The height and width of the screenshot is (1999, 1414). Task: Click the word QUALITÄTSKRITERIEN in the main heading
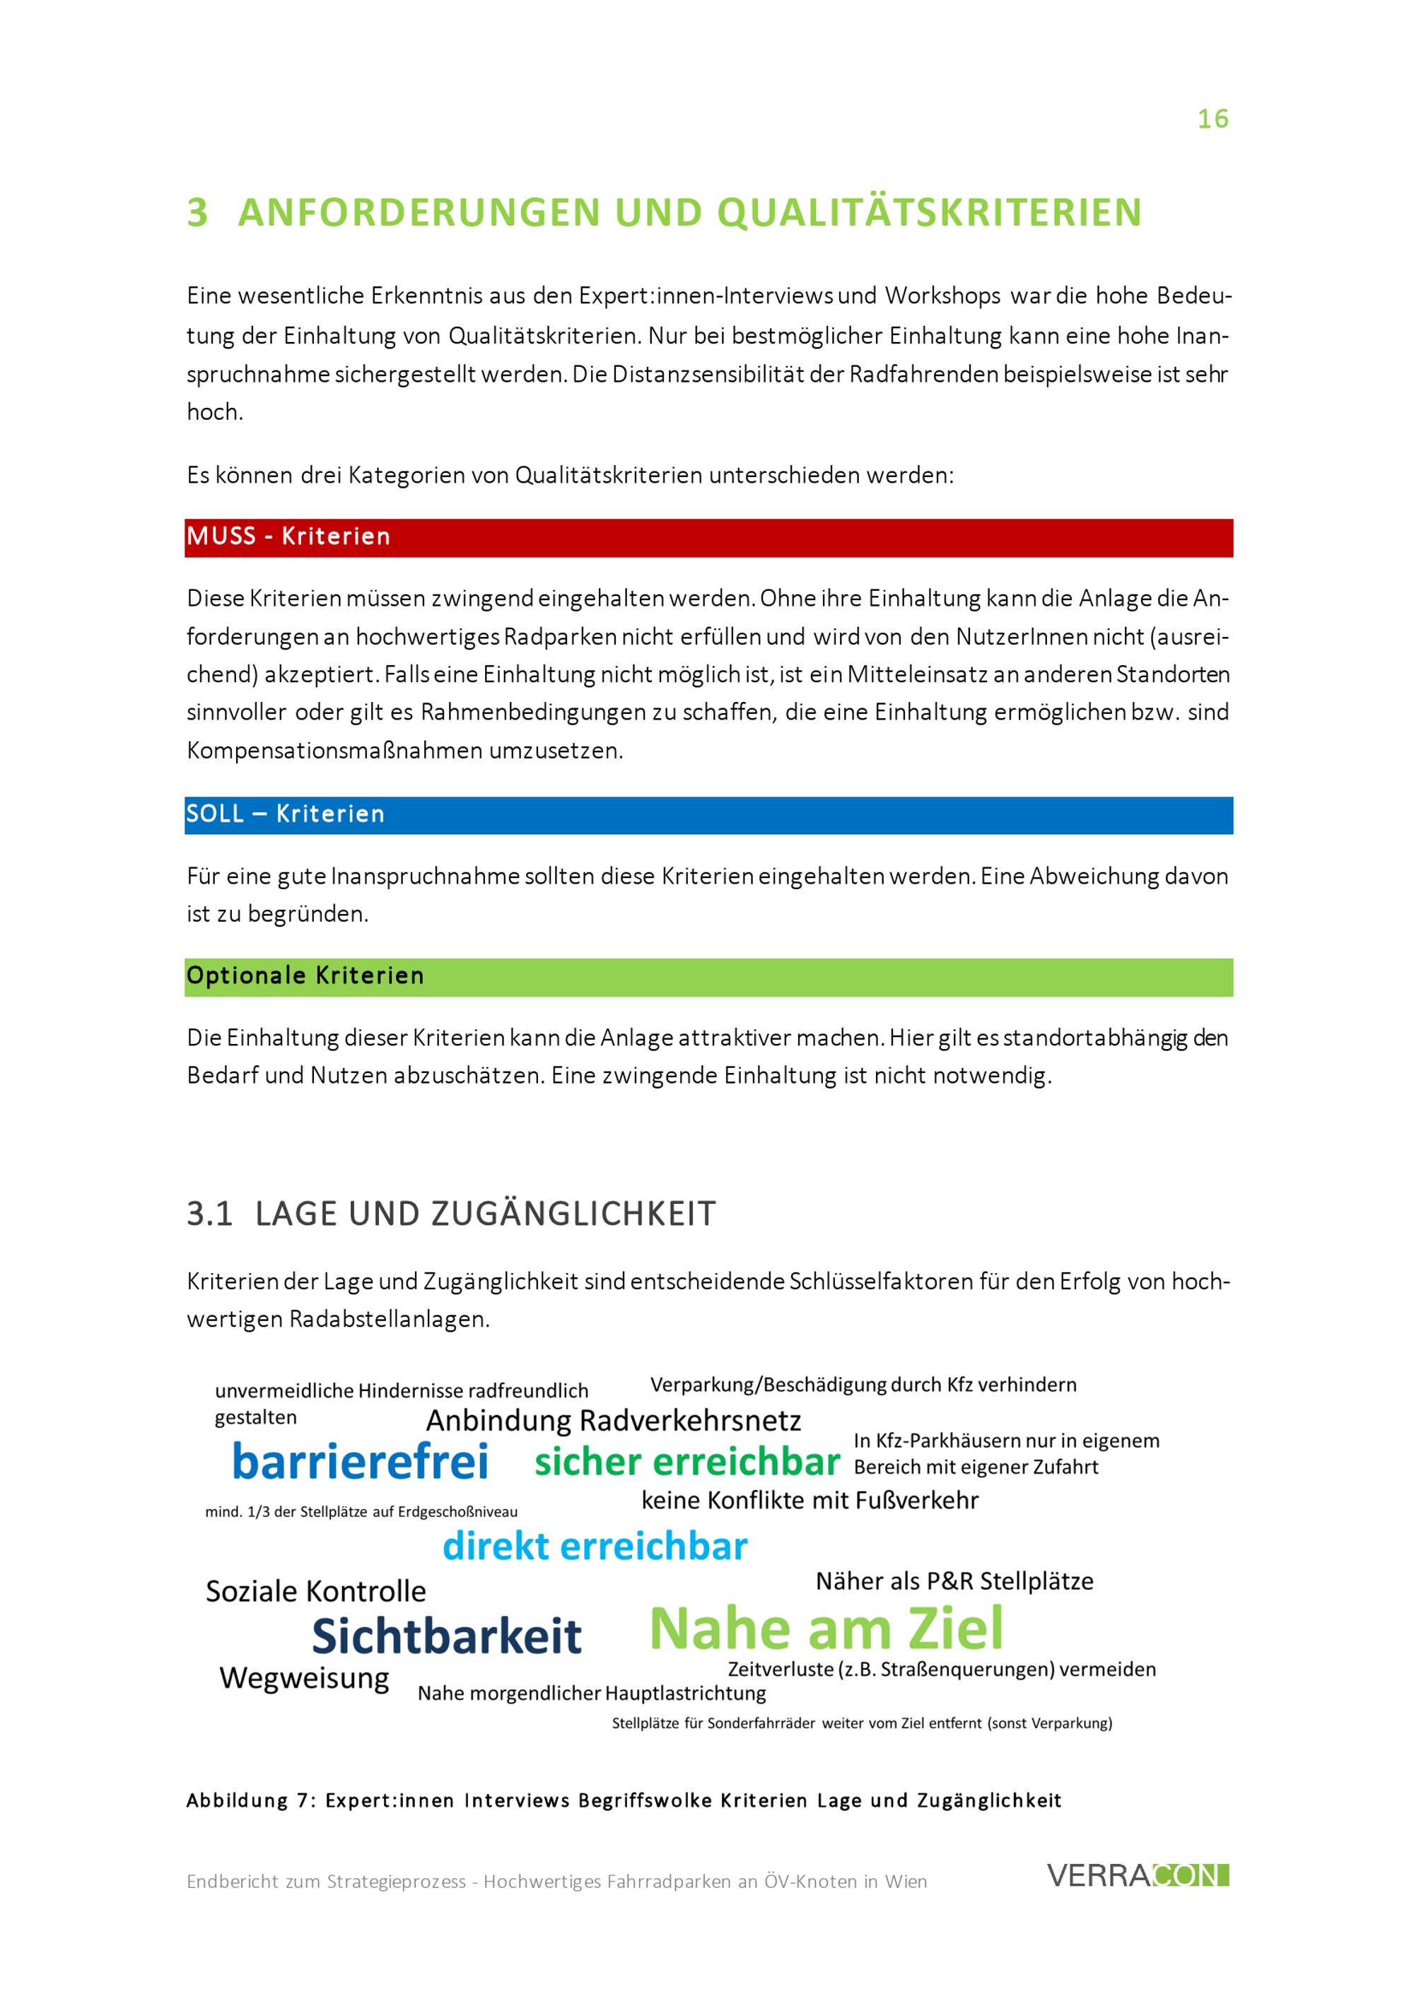point(929,213)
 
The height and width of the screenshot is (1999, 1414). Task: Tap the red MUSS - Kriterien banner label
point(288,537)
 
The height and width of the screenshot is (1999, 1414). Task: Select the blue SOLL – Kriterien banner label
point(285,814)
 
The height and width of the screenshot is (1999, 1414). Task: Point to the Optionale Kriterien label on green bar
point(305,976)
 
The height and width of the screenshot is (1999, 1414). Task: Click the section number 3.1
point(210,1214)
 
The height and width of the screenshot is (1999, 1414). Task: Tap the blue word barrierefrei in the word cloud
point(360,1462)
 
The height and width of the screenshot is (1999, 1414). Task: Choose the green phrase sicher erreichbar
point(687,1462)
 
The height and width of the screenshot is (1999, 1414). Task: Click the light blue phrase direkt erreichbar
point(595,1547)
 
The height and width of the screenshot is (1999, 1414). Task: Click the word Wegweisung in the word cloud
point(304,1678)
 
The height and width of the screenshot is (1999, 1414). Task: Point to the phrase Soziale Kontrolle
point(316,1592)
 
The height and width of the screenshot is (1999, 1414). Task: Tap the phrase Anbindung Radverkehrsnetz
point(613,1421)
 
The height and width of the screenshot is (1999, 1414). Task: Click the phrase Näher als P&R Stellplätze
point(954,1581)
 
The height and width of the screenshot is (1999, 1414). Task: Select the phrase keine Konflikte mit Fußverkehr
point(810,1500)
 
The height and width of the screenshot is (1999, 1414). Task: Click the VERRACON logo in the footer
point(1137,1875)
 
